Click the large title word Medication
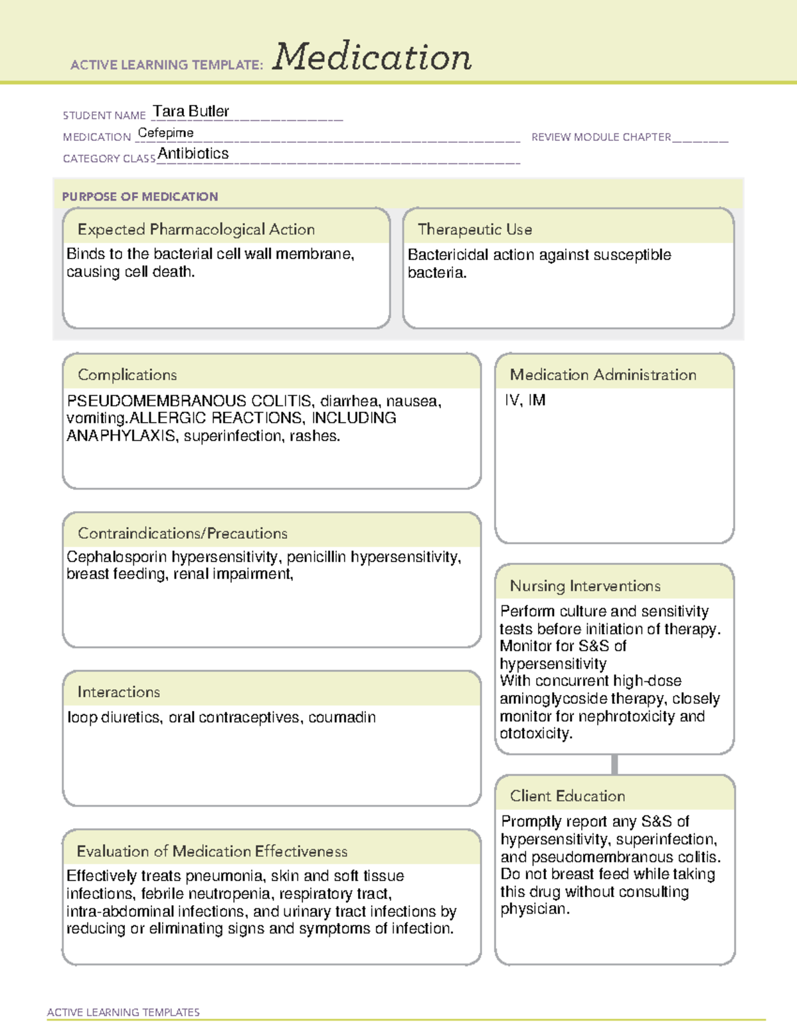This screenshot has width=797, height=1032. (372, 57)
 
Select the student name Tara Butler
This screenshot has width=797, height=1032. (191, 111)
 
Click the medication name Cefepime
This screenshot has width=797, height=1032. (165, 133)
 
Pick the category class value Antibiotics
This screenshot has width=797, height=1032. (193, 154)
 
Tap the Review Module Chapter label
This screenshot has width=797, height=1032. (601, 137)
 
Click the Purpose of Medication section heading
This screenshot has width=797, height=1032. (139, 197)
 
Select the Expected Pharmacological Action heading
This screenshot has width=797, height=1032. (196, 229)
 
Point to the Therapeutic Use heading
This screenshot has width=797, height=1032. (474, 229)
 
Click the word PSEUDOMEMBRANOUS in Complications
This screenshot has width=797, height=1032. (157, 401)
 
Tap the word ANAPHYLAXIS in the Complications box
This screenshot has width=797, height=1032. (122, 436)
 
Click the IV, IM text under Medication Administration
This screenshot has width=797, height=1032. (525, 400)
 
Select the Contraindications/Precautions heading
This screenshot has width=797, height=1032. (183, 534)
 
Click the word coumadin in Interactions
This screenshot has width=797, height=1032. (342, 718)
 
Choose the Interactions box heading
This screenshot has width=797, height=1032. (119, 692)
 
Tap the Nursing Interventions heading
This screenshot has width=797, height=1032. (585, 586)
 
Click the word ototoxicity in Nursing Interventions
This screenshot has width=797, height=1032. (535, 734)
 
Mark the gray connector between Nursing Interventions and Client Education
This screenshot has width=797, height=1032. (614, 764)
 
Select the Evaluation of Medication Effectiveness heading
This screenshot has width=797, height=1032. (212, 851)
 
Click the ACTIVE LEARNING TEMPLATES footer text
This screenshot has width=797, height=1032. (124, 1012)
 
